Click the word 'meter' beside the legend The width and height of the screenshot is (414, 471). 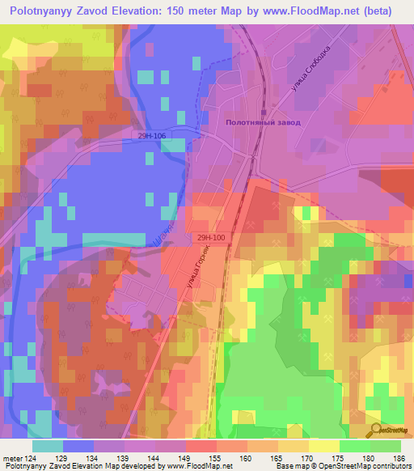pos(14,458)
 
